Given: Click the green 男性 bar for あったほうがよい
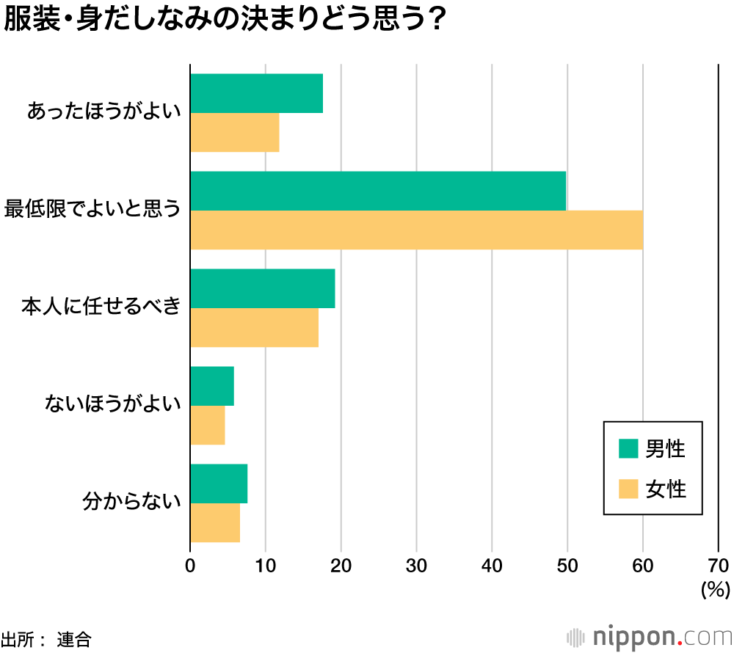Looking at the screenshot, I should point(257,93).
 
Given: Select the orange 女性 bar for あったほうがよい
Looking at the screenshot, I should point(235,133).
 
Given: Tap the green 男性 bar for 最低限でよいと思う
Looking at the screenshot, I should point(378,191).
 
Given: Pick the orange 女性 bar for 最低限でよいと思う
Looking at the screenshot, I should point(416,230).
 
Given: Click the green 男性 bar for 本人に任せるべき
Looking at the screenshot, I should point(263,288).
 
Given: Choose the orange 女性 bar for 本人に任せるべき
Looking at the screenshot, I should point(255,328).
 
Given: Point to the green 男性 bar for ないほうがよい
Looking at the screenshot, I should point(212,386).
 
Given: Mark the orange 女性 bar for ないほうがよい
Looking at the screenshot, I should point(208,426).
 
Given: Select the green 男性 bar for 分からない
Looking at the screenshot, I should point(219,484).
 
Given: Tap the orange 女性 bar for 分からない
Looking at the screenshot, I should point(215,523).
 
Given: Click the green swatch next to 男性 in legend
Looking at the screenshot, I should point(628,448).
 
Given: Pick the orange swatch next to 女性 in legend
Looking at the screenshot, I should point(628,488).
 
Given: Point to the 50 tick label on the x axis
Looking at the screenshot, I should point(567,565).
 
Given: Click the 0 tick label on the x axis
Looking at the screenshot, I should point(191,565).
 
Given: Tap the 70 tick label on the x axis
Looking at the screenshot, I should point(719,565).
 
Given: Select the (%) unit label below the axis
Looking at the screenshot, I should point(714,588).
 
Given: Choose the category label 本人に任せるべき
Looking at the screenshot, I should point(101,307).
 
